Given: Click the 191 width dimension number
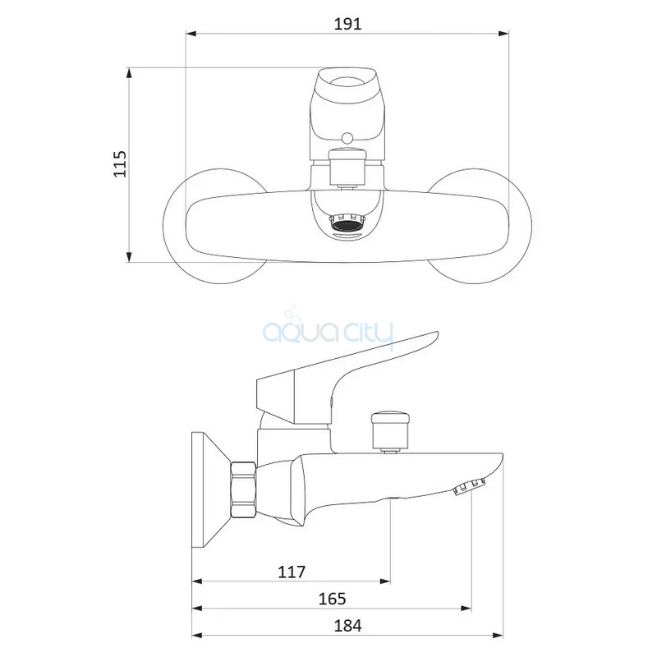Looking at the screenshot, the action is tap(347, 24).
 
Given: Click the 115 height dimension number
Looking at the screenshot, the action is tap(120, 163).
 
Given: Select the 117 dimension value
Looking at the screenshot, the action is tap(292, 572).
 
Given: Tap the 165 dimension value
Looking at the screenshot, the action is tap(333, 599).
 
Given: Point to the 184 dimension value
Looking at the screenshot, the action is tap(347, 626).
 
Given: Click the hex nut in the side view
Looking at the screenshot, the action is tap(243, 489).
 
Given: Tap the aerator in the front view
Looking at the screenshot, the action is tap(347, 223).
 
